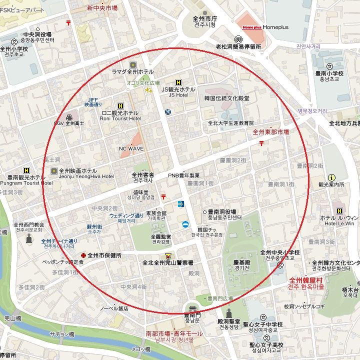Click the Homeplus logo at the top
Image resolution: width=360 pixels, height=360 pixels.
tap(251, 27)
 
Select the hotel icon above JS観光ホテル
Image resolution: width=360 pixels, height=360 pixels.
tap(178, 82)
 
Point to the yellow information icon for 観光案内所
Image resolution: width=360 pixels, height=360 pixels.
tap(331, 177)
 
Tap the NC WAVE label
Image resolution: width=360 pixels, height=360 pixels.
tap(131, 148)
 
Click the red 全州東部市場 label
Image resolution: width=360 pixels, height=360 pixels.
tap(270, 132)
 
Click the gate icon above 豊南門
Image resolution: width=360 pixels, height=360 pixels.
tap(191, 308)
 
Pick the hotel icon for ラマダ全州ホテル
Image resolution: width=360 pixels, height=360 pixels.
tap(132, 65)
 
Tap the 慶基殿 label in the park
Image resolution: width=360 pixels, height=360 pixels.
tap(241, 262)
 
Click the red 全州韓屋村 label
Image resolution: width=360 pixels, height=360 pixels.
tap(305, 280)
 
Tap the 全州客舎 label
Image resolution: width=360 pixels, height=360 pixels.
tap(143, 175)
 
